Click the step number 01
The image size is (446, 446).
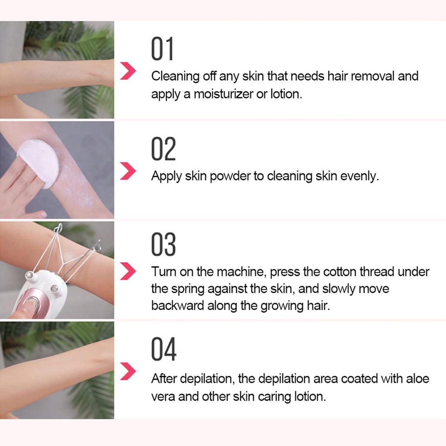click(x=162, y=49)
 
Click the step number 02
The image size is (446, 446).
click(x=163, y=149)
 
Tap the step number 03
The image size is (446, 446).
click(x=163, y=245)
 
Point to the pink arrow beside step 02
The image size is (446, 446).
click(x=128, y=172)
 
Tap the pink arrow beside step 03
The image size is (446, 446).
click(x=128, y=272)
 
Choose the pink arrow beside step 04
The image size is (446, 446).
click(x=128, y=372)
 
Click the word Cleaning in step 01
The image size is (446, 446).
click(x=175, y=77)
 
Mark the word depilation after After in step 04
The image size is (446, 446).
click(x=208, y=379)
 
